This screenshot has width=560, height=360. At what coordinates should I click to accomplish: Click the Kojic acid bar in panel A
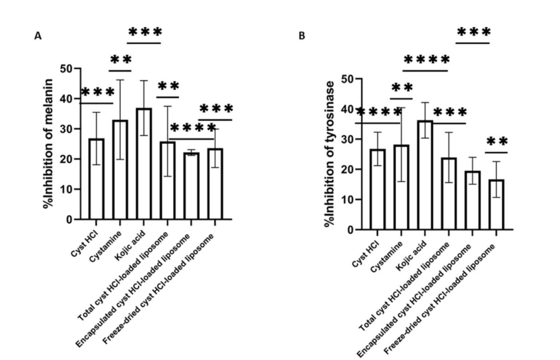pos(144,164)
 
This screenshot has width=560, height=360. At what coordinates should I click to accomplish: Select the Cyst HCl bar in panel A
pos(96,179)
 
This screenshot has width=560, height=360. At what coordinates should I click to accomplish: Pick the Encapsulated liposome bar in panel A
pos(191,186)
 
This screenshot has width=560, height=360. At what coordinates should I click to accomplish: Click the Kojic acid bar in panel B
pos(425,175)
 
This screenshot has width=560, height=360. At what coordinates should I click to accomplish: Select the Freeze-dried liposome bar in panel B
pos(496,205)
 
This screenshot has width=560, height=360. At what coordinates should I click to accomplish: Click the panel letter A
pos(38,36)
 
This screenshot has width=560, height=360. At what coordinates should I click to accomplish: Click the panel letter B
pos(302,36)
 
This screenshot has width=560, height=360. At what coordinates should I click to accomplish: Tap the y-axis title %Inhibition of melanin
pos(48,143)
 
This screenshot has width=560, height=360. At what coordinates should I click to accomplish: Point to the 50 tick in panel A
pos(67,69)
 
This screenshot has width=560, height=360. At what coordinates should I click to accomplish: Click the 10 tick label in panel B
pos(348,200)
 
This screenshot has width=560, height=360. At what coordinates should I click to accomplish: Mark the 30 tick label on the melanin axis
pos(67,129)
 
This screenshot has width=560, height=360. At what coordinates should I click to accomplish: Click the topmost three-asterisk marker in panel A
pos(145,32)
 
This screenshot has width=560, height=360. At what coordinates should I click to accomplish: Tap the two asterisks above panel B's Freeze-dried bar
pos(497,142)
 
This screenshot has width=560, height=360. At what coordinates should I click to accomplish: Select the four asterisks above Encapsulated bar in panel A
pos(193,128)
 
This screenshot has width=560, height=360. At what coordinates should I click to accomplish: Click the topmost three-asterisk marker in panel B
pos(474,32)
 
